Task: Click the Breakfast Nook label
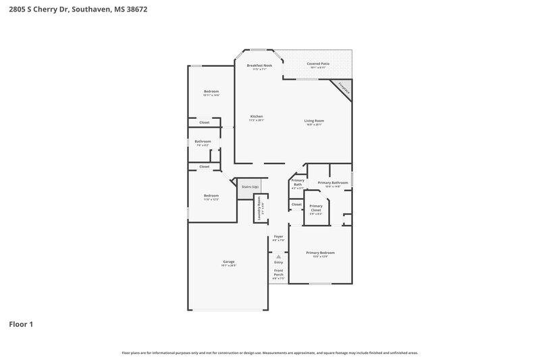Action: [259, 66]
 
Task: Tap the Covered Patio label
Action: [318, 63]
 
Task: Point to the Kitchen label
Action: [256, 116]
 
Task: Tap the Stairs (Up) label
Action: [250, 186]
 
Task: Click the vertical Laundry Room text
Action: [258, 209]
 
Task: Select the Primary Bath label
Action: [298, 182]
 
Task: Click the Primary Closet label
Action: [316, 209]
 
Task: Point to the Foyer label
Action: [278, 236]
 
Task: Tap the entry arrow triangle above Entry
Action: [278, 257]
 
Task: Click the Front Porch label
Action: [278, 272]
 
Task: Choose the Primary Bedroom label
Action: [321, 253]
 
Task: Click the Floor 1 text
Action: [21, 324]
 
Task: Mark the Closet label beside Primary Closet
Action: [296, 204]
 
